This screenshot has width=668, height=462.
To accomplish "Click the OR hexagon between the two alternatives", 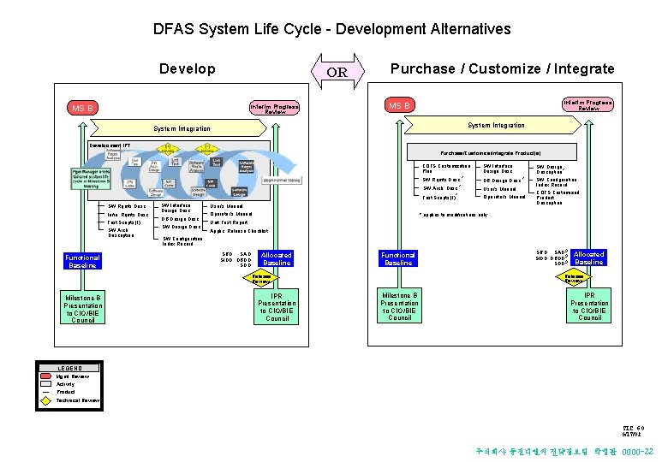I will tap(337, 72).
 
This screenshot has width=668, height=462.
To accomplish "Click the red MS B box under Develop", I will tap(84, 109).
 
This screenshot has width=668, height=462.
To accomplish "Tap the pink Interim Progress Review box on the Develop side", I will tap(274, 109).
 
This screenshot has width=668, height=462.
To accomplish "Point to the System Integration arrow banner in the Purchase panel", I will tap(497, 126).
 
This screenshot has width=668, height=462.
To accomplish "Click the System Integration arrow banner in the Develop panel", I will tap(182, 129).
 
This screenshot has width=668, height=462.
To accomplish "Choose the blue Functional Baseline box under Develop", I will tap(83, 261).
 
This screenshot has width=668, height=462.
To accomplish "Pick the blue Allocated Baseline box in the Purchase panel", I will tap(588, 258).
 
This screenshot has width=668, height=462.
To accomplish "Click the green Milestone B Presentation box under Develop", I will tap(83, 308).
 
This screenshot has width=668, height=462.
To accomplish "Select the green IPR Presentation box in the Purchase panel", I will tap(590, 305).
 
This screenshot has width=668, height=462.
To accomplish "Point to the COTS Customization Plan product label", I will tap(446, 168).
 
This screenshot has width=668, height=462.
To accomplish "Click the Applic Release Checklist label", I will tap(239, 231).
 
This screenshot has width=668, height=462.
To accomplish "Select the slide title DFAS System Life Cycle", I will tap(331, 29).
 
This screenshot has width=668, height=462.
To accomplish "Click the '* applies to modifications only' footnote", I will tap(454, 215).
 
